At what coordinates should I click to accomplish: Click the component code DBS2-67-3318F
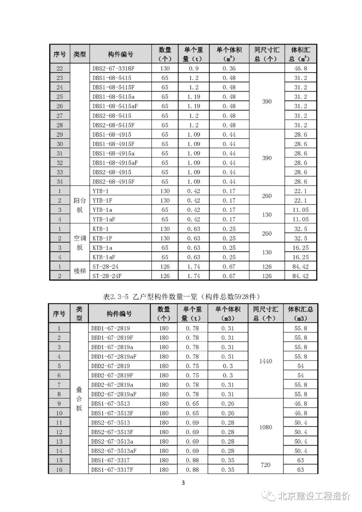(x=113, y=68)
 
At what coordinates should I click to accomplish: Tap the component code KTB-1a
(x=102, y=248)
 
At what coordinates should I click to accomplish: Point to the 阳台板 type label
(x=79, y=205)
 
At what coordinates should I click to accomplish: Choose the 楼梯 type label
(x=79, y=271)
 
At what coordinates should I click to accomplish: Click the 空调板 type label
(x=79, y=243)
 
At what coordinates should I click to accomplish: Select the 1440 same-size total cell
(x=265, y=361)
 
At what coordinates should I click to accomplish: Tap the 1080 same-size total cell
(x=265, y=427)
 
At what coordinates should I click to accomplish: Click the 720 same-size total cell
(x=265, y=465)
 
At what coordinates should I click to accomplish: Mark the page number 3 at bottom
(x=183, y=483)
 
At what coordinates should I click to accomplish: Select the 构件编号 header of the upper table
(x=120, y=54)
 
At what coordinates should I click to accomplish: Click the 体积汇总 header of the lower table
(x=300, y=313)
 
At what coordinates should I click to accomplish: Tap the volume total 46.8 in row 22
(x=301, y=68)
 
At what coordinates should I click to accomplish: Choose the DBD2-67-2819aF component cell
(x=114, y=394)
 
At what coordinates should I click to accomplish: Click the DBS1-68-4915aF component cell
(x=115, y=163)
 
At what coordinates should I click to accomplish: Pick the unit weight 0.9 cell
(x=194, y=68)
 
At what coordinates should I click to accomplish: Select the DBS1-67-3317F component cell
(x=112, y=470)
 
